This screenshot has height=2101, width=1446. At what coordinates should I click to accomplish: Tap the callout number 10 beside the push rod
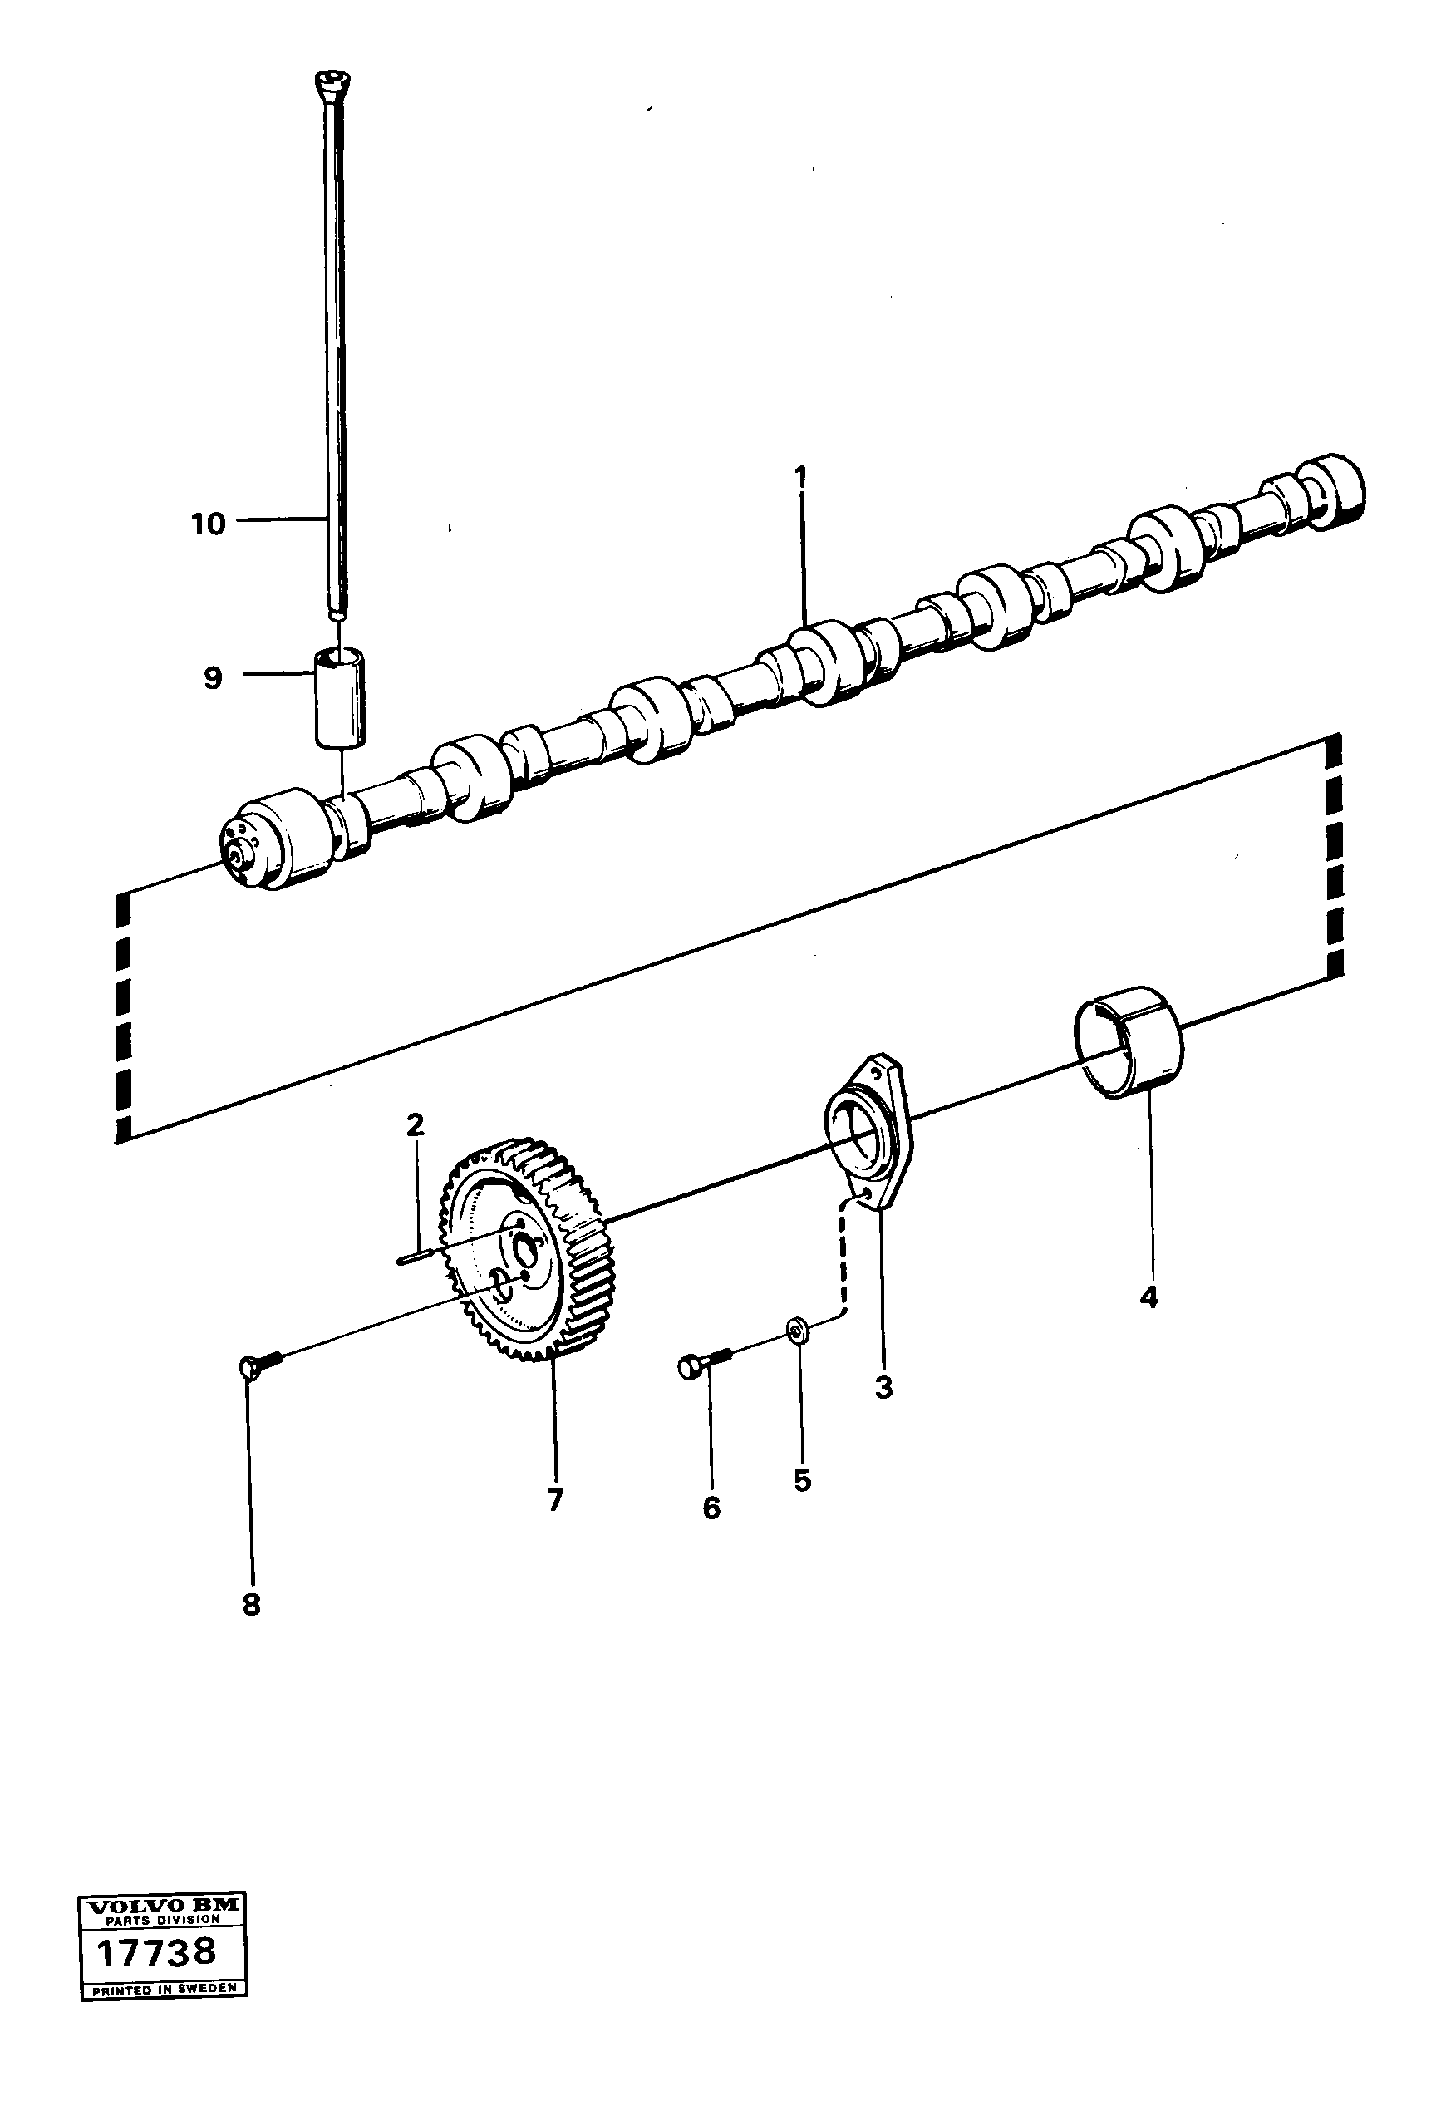(x=209, y=524)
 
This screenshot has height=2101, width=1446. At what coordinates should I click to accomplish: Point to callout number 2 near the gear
(x=415, y=1125)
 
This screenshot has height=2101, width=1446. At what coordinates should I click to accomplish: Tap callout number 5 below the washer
(x=802, y=1480)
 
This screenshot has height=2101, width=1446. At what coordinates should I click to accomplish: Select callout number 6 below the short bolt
(x=711, y=1508)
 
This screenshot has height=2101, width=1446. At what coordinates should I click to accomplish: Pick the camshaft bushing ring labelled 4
(x=1129, y=1042)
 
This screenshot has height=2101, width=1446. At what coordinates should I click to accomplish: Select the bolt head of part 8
(x=251, y=1367)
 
